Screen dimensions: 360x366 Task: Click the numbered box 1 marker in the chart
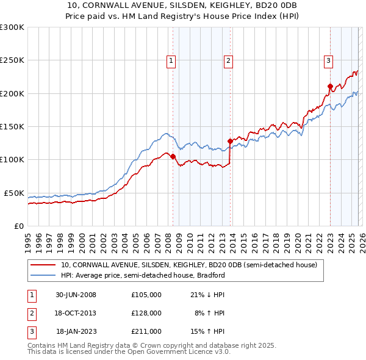[x=171, y=60]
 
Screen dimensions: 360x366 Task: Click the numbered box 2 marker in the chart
[x=228, y=60]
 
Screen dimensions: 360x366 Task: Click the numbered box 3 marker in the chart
[x=328, y=60]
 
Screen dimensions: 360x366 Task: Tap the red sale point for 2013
[x=230, y=141]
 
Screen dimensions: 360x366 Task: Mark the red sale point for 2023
[x=330, y=87]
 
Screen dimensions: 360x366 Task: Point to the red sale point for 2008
[x=173, y=156]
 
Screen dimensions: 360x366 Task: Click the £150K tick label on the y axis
[x=12, y=127]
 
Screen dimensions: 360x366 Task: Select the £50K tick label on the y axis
[x=13, y=193]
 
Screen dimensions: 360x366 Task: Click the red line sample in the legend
[x=43, y=265]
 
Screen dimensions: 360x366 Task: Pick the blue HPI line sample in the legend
[x=43, y=275]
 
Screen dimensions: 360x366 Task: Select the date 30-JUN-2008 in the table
[x=76, y=295]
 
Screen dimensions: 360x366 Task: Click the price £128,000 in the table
[x=146, y=313]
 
